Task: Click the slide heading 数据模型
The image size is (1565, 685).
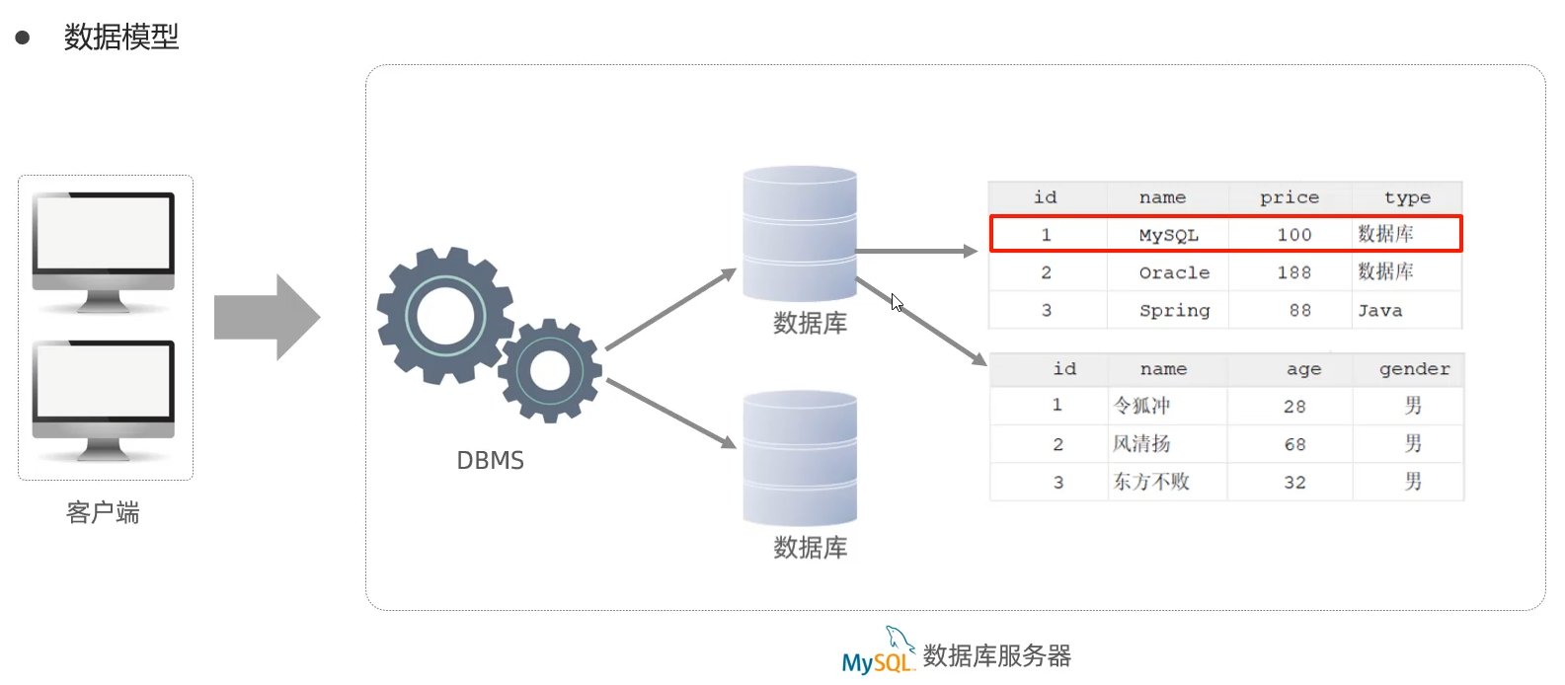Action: click(120, 38)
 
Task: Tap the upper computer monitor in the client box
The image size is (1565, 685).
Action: click(104, 242)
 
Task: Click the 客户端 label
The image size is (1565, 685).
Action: click(103, 512)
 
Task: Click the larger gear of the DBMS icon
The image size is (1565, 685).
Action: click(445, 315)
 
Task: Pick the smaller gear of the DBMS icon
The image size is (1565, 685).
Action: click(550, 370)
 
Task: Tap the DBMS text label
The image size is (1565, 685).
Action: click(490, 461)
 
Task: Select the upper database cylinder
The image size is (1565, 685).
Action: click(800, 234)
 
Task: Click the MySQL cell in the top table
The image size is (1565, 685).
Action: click(1168, 235)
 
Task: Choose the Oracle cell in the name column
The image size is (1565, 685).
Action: click(1174, 272)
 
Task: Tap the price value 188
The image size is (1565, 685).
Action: click(1293, 272)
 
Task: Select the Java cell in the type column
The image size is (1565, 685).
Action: click(1379, 311)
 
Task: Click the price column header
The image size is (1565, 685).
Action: click(1289, 197)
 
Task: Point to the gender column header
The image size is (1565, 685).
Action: click(1414, 369)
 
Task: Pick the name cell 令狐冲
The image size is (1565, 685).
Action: click(1141, 406)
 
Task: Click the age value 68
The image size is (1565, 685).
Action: click(1294, 444)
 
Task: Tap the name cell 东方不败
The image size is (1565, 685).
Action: click(1151, 482)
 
